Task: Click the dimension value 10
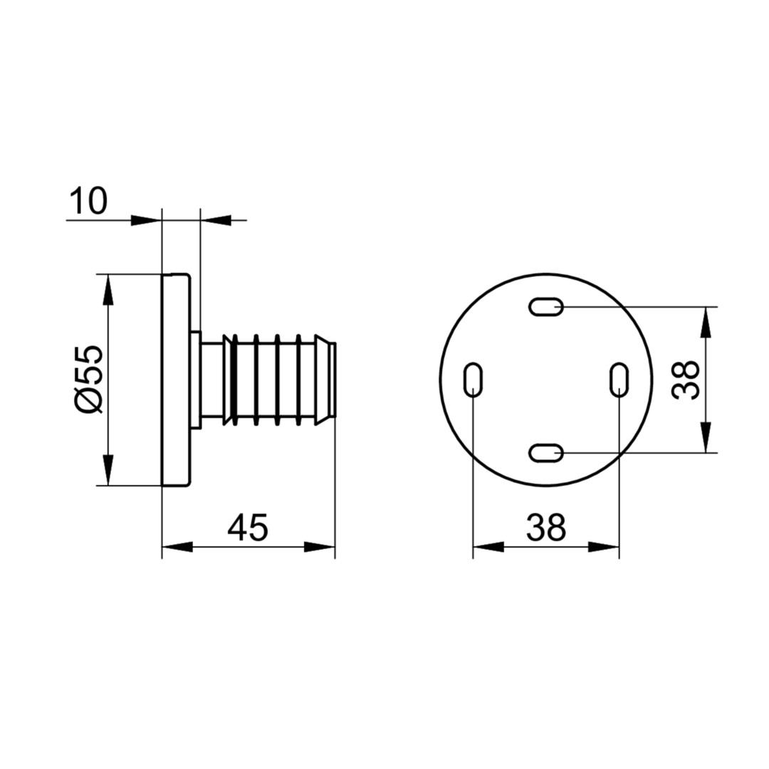(x=88, y=201)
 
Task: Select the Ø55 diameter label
(x=89, y=380)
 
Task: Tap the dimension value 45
(x=249, y=527)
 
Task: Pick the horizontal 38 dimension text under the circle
(x=546, y=527)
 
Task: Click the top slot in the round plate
(x=546, y=307)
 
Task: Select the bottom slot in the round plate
(x=546, y=452)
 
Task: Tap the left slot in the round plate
(x=473, y=380)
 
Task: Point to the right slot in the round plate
(x=619, y=380)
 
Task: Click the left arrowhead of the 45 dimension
(x=177, y=547)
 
